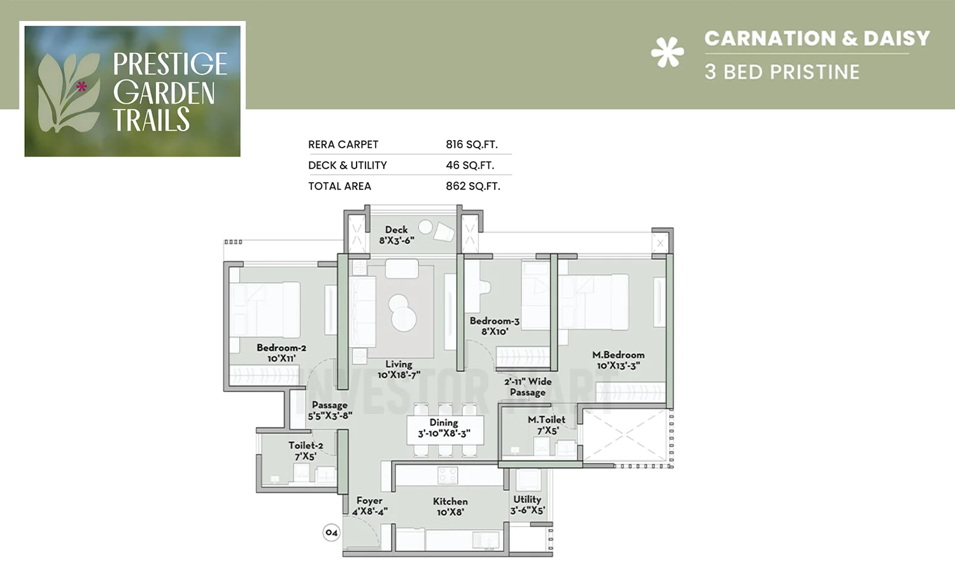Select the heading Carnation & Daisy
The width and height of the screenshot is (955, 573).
tap(817, 38)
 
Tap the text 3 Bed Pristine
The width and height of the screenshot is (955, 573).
tap(782, 72)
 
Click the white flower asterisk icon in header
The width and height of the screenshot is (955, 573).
tap(667, 52)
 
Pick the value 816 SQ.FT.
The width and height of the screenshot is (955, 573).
tap(471, 145)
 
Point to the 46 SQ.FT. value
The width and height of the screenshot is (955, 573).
tap(470, 165)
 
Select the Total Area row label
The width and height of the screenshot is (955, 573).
tap(339, 186)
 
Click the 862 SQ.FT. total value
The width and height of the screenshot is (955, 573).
tap(472, 186)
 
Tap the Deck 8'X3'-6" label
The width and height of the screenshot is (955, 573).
tap(397, 235)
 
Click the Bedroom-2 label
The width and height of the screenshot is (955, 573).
tap(281, 353)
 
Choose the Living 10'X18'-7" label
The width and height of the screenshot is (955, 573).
tap(399, 369)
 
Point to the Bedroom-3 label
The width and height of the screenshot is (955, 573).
tap(495, 326)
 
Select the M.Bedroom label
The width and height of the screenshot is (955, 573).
tap(618, 360)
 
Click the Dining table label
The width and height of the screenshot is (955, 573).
tap(444, 428)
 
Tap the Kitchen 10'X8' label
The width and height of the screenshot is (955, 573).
tap(450, 506)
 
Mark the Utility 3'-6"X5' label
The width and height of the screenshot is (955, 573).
tap(527, 504)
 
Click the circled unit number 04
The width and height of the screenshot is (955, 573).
tap(331, 532)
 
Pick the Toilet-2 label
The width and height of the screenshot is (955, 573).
tap(306, 450)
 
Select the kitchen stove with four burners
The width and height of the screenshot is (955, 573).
tap(448, 475)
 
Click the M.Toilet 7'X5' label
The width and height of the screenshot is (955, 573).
tap(546, 425)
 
